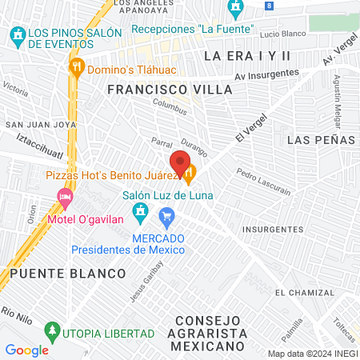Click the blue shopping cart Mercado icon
[x=166, y=215]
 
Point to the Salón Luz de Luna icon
[x=140, y=210]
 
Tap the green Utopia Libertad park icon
[x=53, y=330]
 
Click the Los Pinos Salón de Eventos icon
[x=16, y=35]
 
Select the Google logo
[x=26, y=350]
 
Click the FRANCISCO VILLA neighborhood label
[x=170, y=90]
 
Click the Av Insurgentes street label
[x=266, y=74]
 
